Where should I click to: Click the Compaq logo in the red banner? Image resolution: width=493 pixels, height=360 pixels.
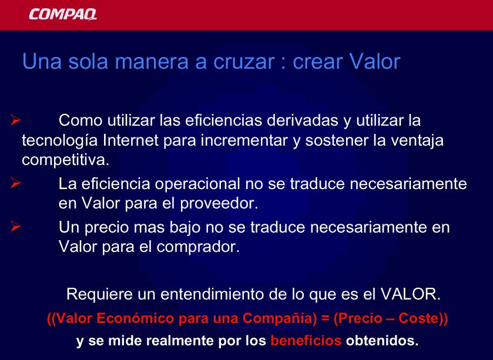(63, 14)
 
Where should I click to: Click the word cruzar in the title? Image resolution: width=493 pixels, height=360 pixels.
(244, 61)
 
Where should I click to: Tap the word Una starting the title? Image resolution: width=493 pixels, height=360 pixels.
(42, 61)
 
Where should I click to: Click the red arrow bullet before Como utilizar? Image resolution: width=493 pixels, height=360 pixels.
(15, 120)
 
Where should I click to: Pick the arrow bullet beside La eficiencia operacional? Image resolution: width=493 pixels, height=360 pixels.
(15, 183)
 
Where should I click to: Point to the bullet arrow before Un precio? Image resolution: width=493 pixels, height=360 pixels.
(15, 226)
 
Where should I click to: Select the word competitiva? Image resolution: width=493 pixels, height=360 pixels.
(65, 160)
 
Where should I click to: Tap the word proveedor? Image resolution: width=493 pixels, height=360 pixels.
(219, 204)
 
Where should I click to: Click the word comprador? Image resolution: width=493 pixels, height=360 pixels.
(198, 247)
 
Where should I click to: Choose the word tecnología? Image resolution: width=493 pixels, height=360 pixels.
(60, 141)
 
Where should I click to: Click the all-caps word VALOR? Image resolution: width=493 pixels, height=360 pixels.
(410, 294)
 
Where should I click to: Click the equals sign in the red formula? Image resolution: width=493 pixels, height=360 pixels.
(325, 318)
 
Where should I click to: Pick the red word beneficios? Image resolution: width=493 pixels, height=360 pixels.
(306, 341)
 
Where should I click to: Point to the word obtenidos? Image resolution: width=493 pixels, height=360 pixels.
(383, 341)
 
